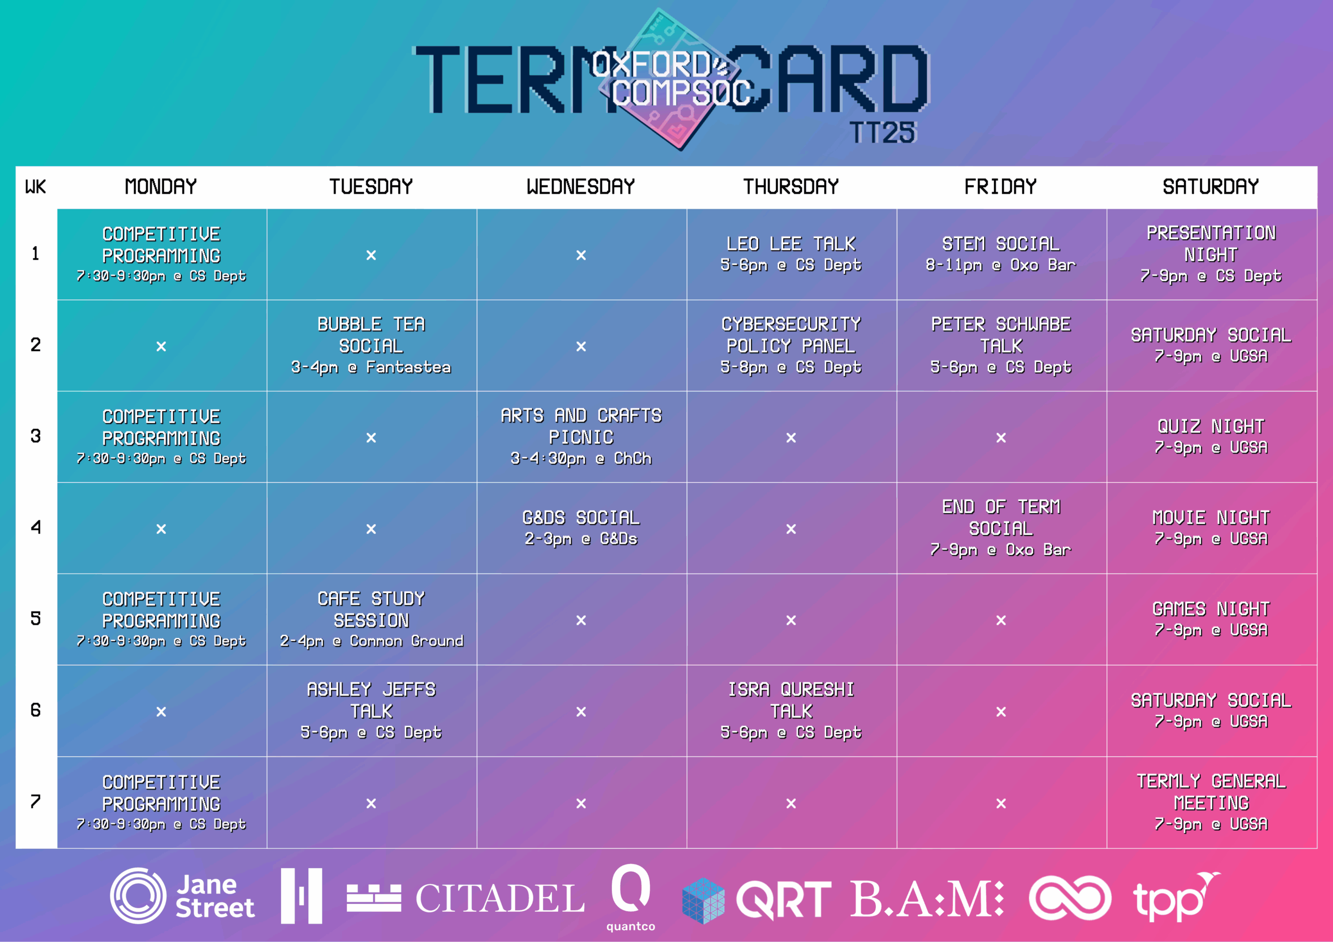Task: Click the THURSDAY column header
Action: [791, 187]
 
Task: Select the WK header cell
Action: [35, 187]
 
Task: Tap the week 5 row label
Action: [36, 619]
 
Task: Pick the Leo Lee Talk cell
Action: [791, 253]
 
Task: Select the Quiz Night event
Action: [1211, 437]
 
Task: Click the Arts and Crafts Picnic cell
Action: [581, 437]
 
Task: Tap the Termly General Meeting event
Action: [1211, 802]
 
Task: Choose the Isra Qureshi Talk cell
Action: [791, 710]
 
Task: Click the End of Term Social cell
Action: [1001, 528]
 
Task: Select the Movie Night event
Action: [1211, 528]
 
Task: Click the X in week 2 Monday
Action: [161, 347]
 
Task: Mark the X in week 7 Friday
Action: [1001, 803]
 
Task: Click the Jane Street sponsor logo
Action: [182, 896]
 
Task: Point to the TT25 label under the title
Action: [883, 133]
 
